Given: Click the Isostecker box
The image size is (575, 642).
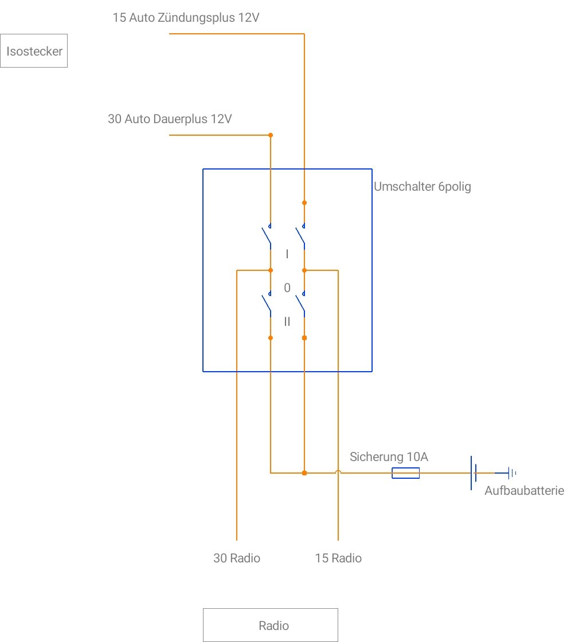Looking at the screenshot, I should click(x=34, y=51).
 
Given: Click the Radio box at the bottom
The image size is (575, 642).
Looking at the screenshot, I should click(x=271, y=625).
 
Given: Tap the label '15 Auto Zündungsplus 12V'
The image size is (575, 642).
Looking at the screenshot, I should click(x=186, y=18).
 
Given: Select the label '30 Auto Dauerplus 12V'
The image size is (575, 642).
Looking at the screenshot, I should click(x=170, y=119).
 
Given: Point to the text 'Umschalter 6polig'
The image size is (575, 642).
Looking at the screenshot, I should click(x=422, y=187).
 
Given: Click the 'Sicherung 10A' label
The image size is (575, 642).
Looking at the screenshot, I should click(x=389, y=457).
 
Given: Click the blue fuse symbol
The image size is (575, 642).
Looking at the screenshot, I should click(x=405, y=473).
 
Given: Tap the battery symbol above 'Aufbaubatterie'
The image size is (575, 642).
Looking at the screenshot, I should click(x=474, y=473).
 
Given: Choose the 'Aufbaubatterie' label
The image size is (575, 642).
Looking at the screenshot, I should click(x=525, y=491).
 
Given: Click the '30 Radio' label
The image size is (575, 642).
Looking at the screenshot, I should click(x=237, y=558).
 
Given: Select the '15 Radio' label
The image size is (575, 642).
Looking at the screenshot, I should click(x=338, y=558).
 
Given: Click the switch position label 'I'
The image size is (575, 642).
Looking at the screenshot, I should click(x=287, y=254).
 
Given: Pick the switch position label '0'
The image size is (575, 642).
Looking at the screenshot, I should click(x=287, y=288).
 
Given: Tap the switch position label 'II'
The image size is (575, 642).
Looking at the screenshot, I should click(x=287, y=322).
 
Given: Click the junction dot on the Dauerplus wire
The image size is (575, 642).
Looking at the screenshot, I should click(x=271, y=136).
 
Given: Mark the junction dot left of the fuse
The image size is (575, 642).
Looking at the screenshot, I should click(x=304, y=473).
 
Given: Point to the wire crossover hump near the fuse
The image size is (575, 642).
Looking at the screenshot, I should click(x=338, y=472).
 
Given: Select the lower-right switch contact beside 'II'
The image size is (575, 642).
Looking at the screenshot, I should click(x=300, y=304).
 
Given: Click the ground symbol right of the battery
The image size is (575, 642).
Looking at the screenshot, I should click(x=512, y=473).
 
